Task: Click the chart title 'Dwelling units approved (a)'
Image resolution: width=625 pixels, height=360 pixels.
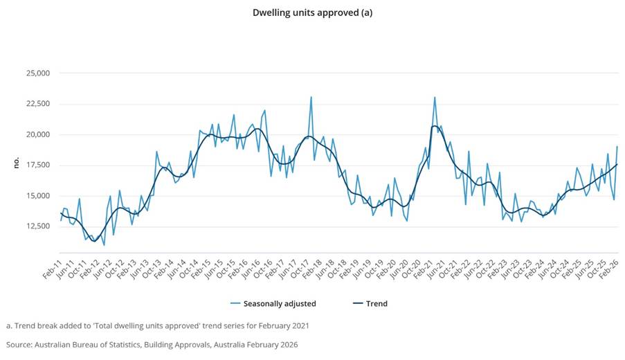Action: coord(312,12)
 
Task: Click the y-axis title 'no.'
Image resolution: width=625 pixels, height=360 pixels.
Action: coord(15,163)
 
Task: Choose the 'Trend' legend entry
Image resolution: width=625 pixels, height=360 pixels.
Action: coord(376,303)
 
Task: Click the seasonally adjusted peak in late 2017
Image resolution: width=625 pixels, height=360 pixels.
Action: coord(311,97)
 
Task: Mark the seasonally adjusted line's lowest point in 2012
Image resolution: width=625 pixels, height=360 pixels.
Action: coord(104,245)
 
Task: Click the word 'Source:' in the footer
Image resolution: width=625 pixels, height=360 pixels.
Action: coord(21,344)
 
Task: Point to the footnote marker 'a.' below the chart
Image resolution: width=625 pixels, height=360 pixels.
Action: coord(10,325)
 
